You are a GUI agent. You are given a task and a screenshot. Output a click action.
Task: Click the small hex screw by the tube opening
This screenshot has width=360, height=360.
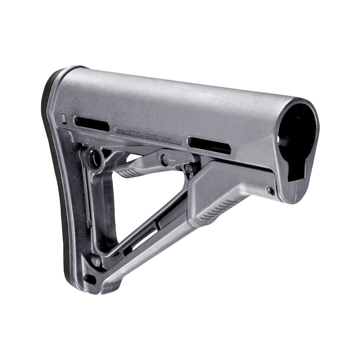tap(271, 190)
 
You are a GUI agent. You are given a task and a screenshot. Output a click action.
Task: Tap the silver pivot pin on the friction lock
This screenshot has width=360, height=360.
tap(189, 168)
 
